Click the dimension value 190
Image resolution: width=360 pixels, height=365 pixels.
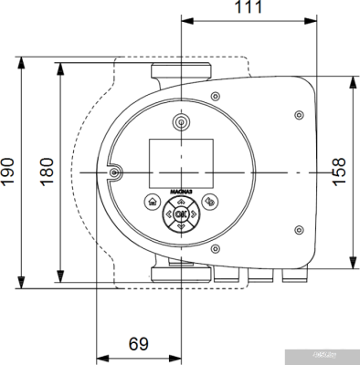point(8,171)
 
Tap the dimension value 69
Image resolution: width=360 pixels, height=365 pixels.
point(138,344)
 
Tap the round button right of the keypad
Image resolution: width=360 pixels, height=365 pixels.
point(211,203)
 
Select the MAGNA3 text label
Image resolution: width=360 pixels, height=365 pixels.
point(180,193)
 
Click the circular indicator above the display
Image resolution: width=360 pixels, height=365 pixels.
point(180,121)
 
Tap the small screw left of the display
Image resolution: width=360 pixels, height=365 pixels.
point(113,172)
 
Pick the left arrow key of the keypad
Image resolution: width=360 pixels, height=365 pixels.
point(170,215)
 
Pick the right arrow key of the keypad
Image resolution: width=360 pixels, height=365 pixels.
point(191,215)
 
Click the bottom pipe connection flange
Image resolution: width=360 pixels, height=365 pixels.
point(180,271)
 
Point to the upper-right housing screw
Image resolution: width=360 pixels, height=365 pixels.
point(300,114)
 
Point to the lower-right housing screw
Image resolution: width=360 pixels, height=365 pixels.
point(300,230)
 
